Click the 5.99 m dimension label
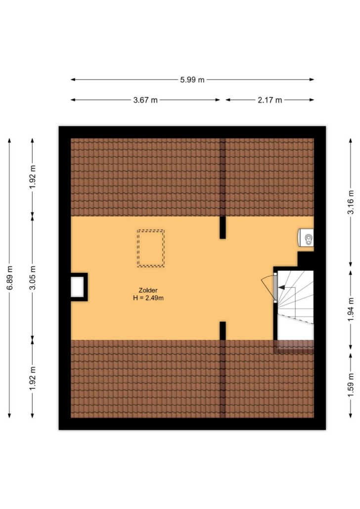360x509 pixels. [x=192, y=80]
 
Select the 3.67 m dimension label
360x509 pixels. [x=145, y=100]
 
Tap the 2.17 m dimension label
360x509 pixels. [x=270, y=100]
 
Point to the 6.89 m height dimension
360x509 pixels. [x=10, y=278]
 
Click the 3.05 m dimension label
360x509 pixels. [x=33, y=278]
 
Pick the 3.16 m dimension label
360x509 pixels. [x=351, y=202]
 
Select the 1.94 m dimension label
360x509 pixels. [x=351, y=310]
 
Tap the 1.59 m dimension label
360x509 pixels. [x=351, y=385]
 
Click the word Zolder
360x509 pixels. [x=148, y=291]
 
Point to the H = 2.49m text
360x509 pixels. [x=148, y=298]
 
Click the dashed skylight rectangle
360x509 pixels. [x=151, y=230]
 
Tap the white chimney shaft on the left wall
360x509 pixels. [x=77, y=287]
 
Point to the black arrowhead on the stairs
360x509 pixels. [x=281, y=287]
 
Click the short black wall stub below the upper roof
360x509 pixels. [x=223, y=227]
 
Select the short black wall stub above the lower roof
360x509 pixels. [x=223, y=331]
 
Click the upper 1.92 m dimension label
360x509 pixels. [x=33, y=177]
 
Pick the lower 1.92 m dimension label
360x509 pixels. [x=33, y=379]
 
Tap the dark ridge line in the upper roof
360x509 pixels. [x=223, y=177]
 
